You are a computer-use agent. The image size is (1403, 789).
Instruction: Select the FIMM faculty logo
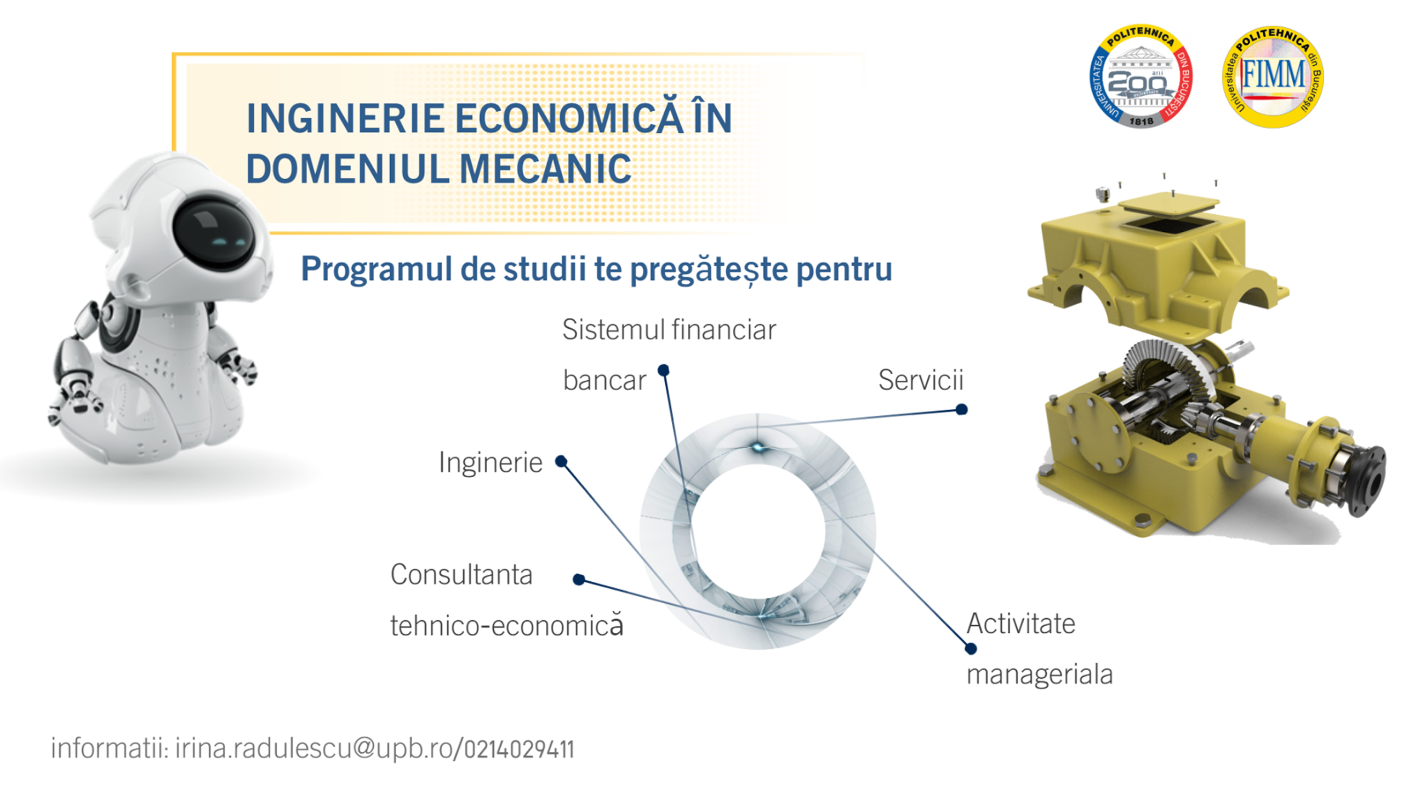click(x=1273, y=77)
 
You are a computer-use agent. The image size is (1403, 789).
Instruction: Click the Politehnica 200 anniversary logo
click(x=1140, y=76)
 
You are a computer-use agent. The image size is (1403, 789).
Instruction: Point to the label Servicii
click(x=921, y=380)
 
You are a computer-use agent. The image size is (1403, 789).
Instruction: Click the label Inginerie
click(x=491, y=463)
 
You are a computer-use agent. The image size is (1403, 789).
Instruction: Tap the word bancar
click(x=604, y=380)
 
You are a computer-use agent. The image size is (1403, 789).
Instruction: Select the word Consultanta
click(x=461, y=575)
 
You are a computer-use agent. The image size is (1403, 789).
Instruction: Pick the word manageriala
click(x=1040, y=674)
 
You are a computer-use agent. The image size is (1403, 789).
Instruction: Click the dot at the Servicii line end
click(x=961, y=409)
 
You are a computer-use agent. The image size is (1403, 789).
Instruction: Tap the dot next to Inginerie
click(x=561, y=461)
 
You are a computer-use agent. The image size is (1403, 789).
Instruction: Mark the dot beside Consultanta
click(x=579, y=579)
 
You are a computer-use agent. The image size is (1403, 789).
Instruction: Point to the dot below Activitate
click(x=971, y=649)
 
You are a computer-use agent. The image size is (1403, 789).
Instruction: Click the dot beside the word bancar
click(x=663, y=370)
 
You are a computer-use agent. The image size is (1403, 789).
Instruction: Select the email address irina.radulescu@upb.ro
click(x=313, y=748)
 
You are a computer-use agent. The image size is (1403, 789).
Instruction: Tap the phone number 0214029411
click(x=519, y=749)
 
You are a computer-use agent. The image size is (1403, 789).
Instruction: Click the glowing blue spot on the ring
click(x=758, y=448)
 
